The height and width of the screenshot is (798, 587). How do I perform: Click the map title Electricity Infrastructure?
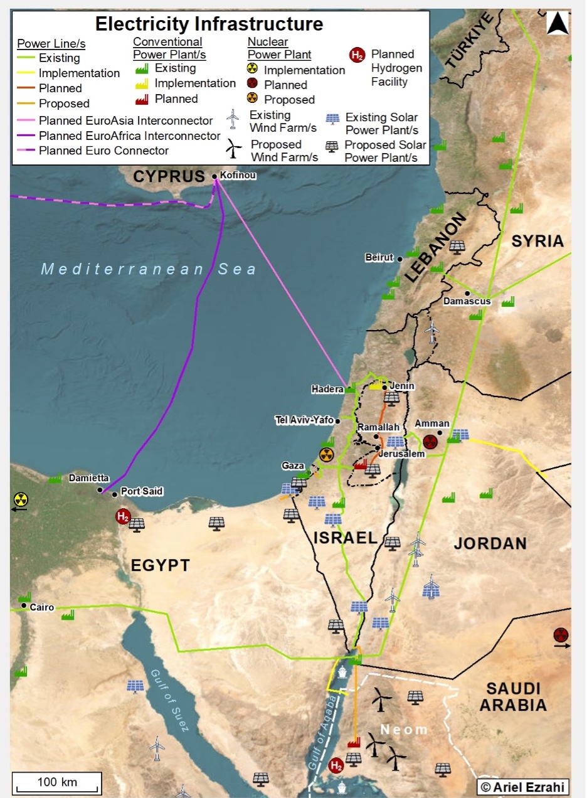[x=209, y=24]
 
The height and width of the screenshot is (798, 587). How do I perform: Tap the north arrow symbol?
[x=558, y=24]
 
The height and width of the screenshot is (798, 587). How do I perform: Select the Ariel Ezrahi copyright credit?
[x=523, y=787]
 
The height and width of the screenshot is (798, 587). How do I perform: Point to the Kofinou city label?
[x=238, y=176]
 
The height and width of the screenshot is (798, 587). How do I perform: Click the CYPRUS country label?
[x=169, y=177]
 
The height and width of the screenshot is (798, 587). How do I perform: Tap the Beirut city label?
[x=379, y=257]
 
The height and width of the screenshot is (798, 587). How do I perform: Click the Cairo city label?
[x=42, y=607]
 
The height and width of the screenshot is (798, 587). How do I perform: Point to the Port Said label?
[x=142, y=492]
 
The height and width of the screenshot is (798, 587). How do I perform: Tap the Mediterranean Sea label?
[x=149, y=269]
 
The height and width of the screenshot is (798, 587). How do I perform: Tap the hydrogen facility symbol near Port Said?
[x=124, y=517]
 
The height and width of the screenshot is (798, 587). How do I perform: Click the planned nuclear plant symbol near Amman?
[x=430, y=442]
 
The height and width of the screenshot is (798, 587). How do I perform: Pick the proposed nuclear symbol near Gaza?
[x=326, y=455]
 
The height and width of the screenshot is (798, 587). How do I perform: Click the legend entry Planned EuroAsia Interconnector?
[x=125, y=120]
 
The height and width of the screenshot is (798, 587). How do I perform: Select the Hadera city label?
[x=327, y=389]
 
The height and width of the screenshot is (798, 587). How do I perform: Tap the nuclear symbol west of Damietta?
[x=21, y=499]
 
